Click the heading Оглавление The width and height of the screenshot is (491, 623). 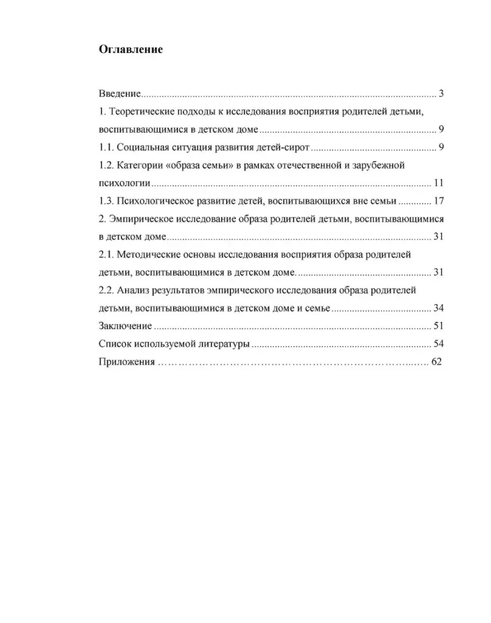tap(131, 50)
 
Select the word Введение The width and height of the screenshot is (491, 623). tap(120, 94)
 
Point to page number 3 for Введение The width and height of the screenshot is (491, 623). tap(441, 94)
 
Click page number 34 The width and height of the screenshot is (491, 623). tap(438, 309)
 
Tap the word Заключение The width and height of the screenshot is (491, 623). tap(125, 326)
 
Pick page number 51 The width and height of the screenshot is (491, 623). tap(438, 326)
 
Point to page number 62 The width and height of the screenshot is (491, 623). tap(437, 362)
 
